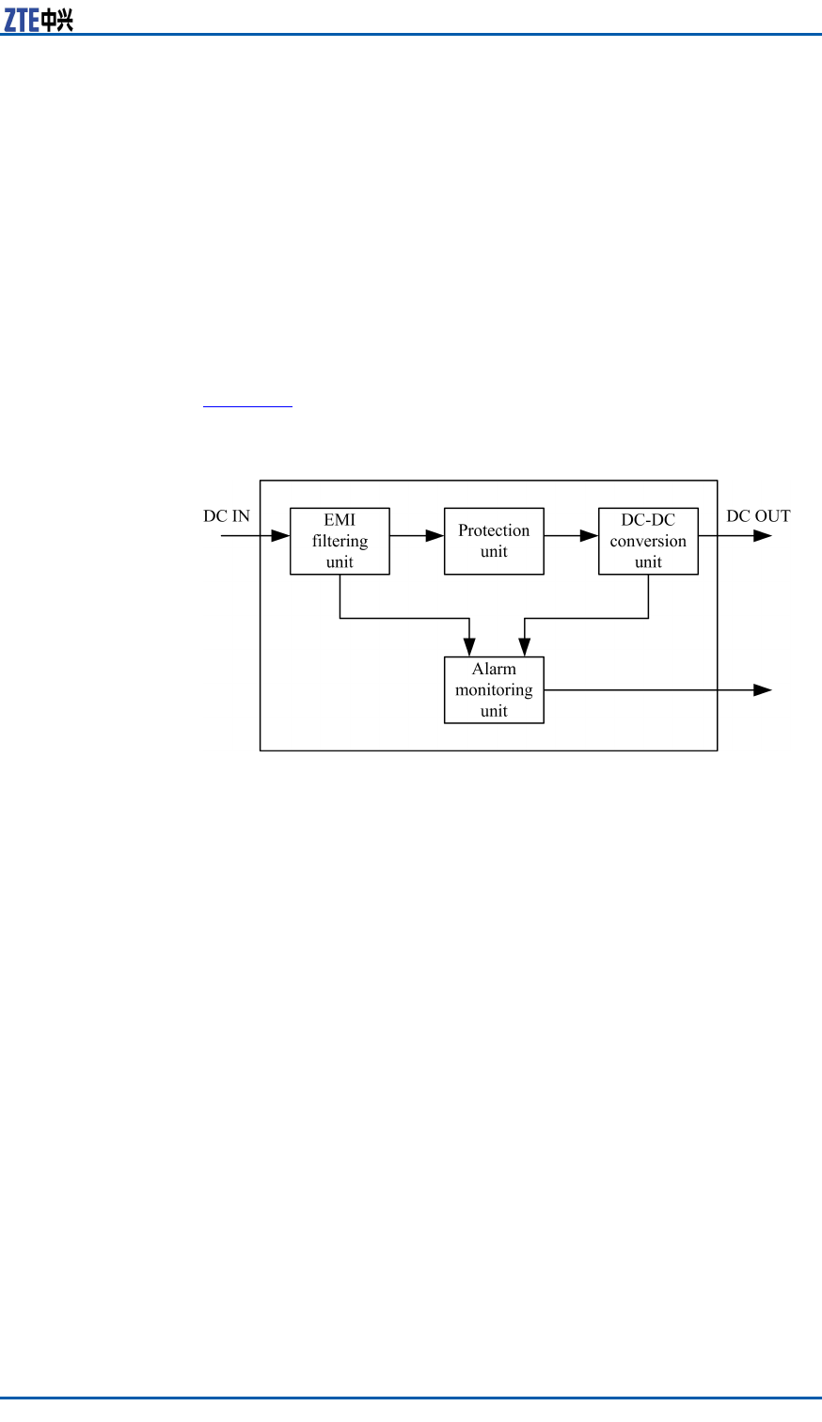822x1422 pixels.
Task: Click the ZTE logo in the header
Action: [x=39, y=19]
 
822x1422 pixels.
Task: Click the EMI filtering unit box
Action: [x=340, y=541]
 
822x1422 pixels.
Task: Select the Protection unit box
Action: [x=494, y=541]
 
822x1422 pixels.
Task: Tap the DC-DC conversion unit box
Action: [x=648, y=541]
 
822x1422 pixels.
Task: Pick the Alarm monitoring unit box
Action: [x=494, y=689]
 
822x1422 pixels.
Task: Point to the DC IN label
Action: [x=227, y=516]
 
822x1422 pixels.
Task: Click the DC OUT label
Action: [x=758, y=516]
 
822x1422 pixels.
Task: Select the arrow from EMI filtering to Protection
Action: [x=417, y=536]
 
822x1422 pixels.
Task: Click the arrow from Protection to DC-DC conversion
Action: [x=571, y=536]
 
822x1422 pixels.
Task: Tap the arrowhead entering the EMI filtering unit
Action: [x=280, y=536]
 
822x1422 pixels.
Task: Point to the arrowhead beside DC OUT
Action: [x=763, y=536]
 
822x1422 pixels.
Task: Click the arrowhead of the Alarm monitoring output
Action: [x=763, y=689]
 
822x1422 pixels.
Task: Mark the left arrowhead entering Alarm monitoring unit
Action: [x=469, y=647]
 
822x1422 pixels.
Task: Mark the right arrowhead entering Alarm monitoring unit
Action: [x=524, y=647]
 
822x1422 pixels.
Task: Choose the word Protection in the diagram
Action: [x=494, y=530]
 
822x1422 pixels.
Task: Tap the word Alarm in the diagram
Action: [x=494, y=670]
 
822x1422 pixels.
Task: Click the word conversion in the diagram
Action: [x=648, y=541]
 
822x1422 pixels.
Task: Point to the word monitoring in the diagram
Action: [x=494, y=690]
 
